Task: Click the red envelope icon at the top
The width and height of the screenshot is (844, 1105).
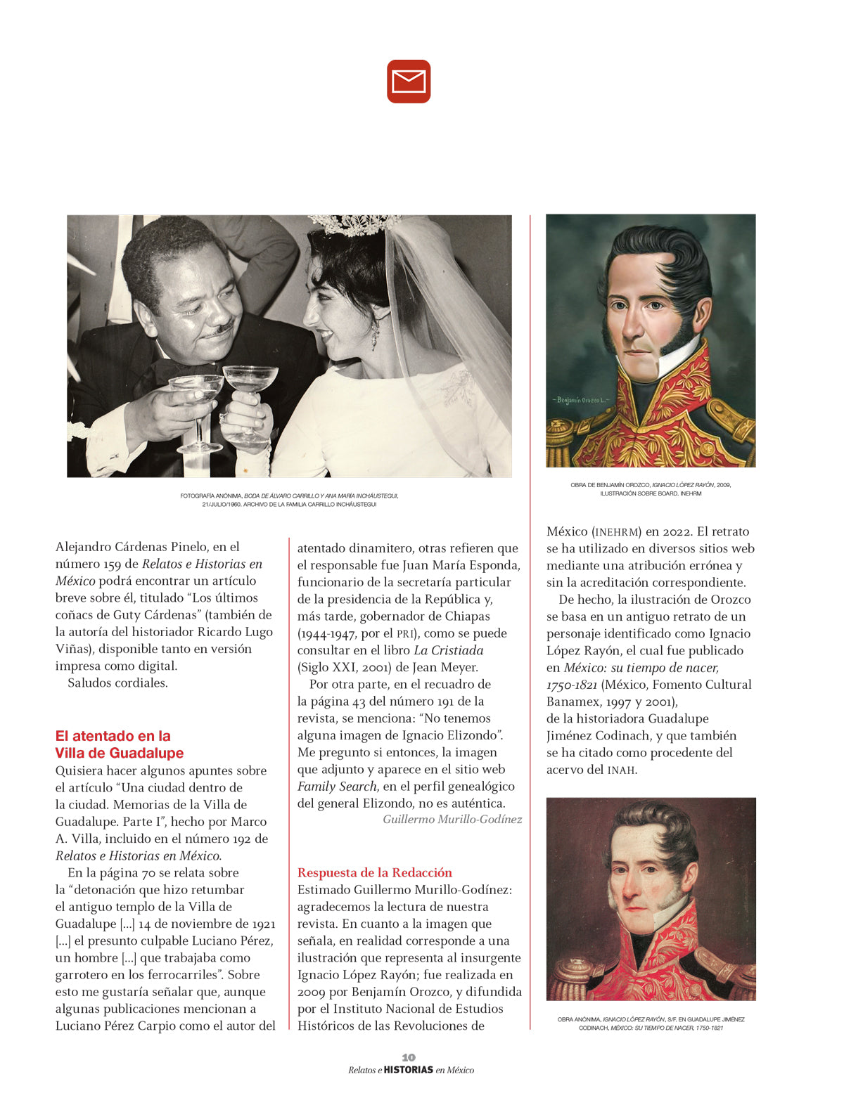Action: pyautogui.click(x=409, y=82)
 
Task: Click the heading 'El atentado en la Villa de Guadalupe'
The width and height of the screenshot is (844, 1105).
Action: pyautogui.click(x=119, y=744)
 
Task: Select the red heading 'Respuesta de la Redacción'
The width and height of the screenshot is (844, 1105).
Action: pyautogui.click(x=374, y=872)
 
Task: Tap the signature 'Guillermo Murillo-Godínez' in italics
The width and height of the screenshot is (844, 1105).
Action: pyautogui.click(x=452, y=820)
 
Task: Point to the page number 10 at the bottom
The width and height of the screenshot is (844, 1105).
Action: pyautogui.click(x=409, y=1057)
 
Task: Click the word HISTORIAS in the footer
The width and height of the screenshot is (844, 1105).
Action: pyautogui.click(x=409, y=1070)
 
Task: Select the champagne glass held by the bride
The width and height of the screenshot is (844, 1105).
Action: pyautogui.click(x=250, y=394)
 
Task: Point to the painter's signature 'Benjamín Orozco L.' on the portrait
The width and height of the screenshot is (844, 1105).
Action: pyautogui.click(x=581, y=400)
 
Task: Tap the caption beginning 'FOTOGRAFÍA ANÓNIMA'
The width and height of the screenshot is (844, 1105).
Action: pyautogui.click(x=289, y=500)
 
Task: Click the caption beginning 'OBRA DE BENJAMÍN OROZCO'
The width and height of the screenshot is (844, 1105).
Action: pyautogui.click(x=651, y=489)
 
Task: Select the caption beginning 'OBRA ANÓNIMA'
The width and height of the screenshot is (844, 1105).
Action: pyautogui.click(x=651, y=1023)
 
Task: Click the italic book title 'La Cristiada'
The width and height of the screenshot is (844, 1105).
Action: pyautogui.click(x=448, y=650)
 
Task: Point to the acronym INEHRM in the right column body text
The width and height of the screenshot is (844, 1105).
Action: pyautogui.click(x=617, y=532)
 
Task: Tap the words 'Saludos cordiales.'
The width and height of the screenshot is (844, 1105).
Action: pyautogui.click(x=117, y=683)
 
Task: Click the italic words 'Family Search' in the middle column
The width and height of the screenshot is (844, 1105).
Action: pyautogui.click(x=337, y=787)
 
